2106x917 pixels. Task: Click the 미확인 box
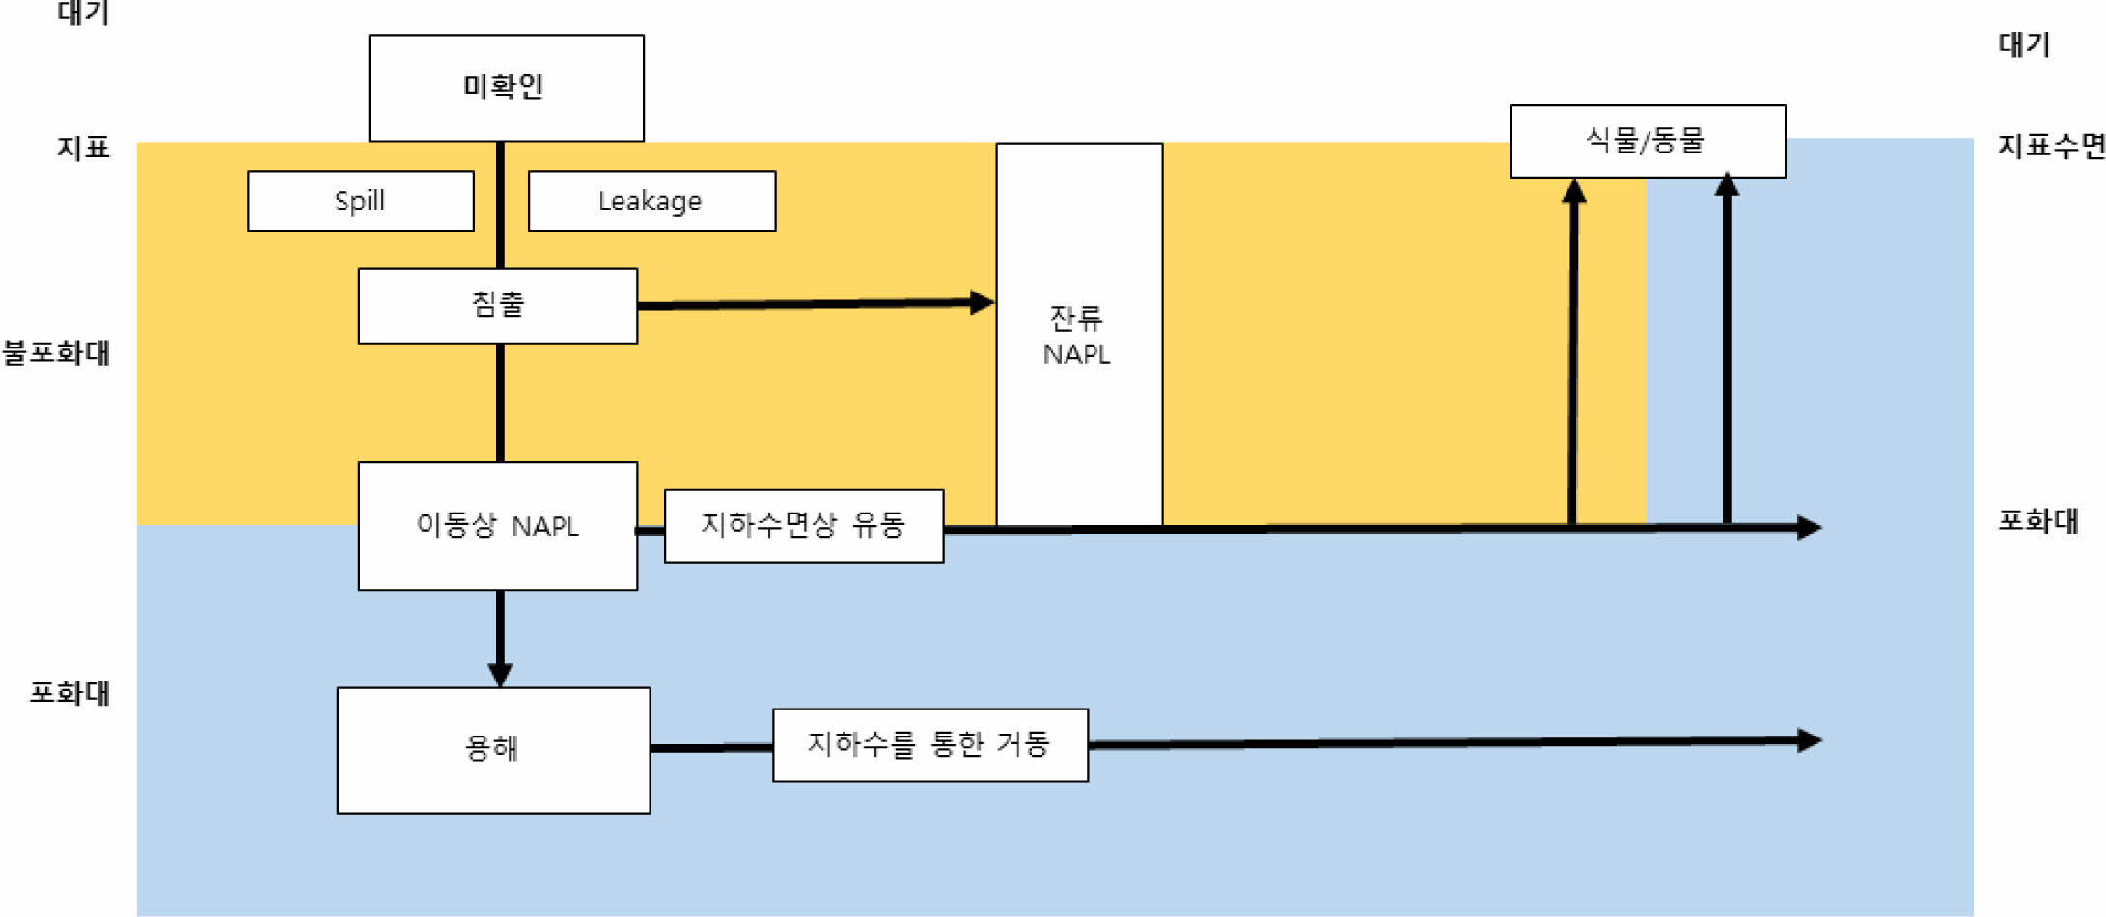pos(506,88)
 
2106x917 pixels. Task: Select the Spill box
pos(360,201)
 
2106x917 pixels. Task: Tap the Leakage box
pos(651,201)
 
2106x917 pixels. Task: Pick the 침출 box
pos(497,305)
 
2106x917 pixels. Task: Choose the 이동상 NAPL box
pos(497,526)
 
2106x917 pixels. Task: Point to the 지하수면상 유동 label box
pos(803,525)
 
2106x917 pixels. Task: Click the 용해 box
pos(493,749)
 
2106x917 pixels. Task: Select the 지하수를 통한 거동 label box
pos(929,744)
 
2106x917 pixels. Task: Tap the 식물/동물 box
pos(1647,141)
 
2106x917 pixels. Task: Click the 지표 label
pos(83,148)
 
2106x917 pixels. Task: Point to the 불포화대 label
pos(56,353)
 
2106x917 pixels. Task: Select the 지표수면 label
pos(2050,147)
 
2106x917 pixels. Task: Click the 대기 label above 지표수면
pos(2023,44)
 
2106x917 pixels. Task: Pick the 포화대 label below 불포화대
pos(69,693)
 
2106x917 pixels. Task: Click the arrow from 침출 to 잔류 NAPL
pos(816,304)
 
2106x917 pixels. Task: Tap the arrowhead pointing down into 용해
pos(500,673)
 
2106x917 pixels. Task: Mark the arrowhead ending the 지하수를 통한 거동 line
pos(1809,740)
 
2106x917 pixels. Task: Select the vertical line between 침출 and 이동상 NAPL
pos(500,403)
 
